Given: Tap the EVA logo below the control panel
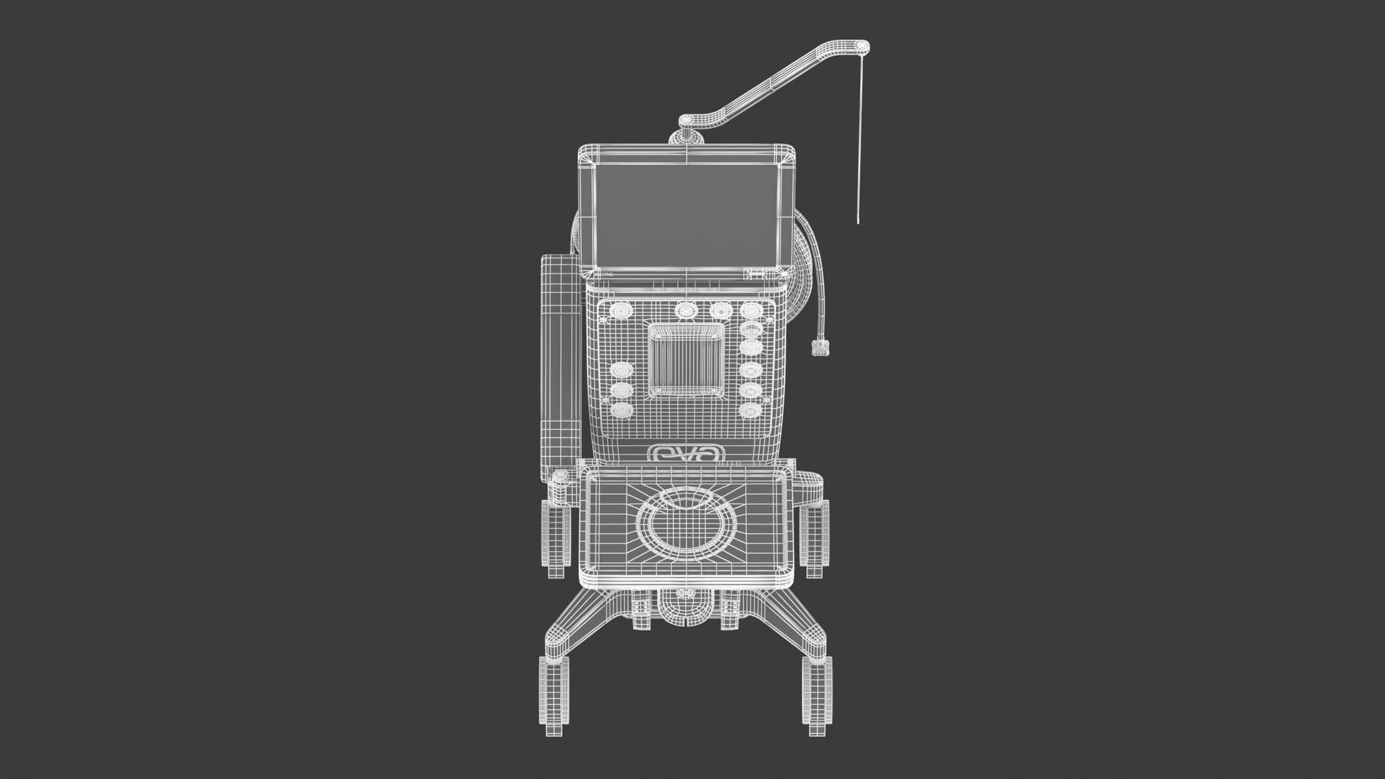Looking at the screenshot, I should (686, 453).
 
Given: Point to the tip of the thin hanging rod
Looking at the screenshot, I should (859, 222).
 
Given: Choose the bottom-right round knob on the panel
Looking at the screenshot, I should (750, 410).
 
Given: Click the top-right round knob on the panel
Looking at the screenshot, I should (751, 310).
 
